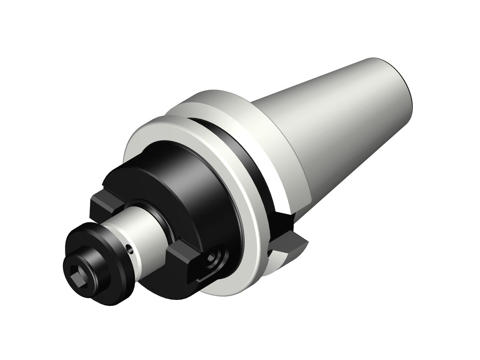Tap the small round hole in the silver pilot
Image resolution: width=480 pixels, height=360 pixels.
pyautogui.click(x=129, y=250)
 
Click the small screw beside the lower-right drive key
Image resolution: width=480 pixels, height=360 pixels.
pyautogui.click(x=211, y=262)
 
